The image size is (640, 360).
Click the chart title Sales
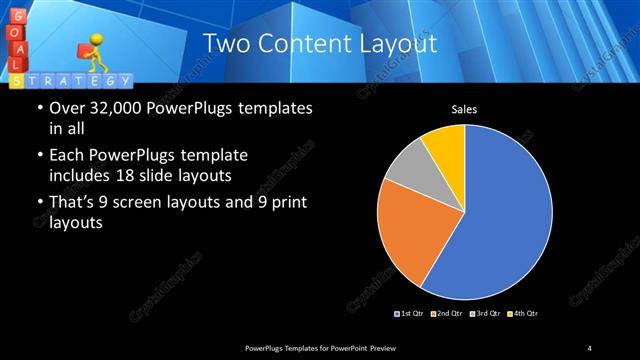click(464, 109)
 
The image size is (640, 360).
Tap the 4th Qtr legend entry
click(521, 314)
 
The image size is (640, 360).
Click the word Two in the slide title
click(223, 44)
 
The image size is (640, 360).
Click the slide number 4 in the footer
click(590, 347)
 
